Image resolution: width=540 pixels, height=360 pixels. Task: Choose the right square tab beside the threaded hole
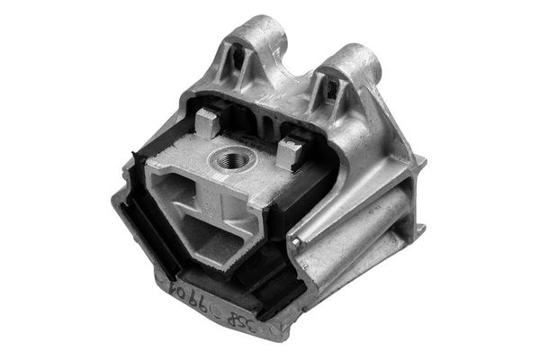[290, 152]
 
